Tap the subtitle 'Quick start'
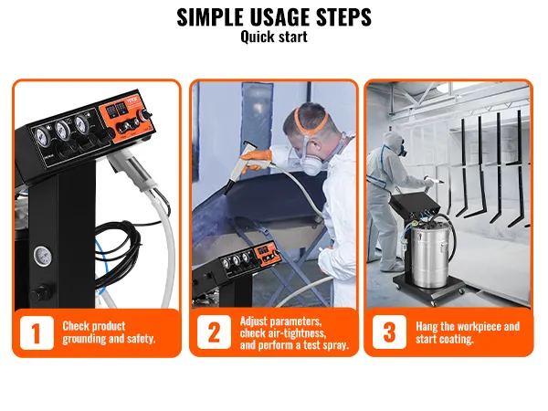(273, 37)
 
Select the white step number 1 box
(36, 332)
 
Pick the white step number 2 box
(213, 332)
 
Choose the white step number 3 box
(389, 332)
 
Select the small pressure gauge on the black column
(43, 253)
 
